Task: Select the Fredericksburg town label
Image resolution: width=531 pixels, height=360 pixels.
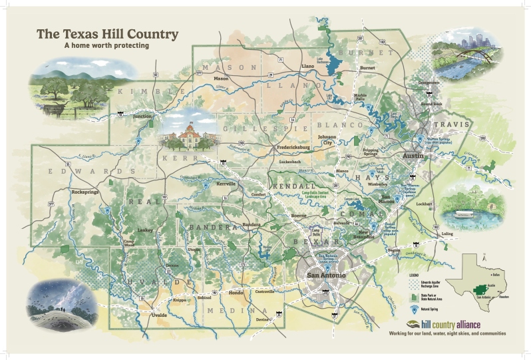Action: [293, 147]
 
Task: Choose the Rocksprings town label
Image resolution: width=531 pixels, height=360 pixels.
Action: [85, 192]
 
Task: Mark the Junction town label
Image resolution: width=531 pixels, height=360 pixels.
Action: [142, 116]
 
